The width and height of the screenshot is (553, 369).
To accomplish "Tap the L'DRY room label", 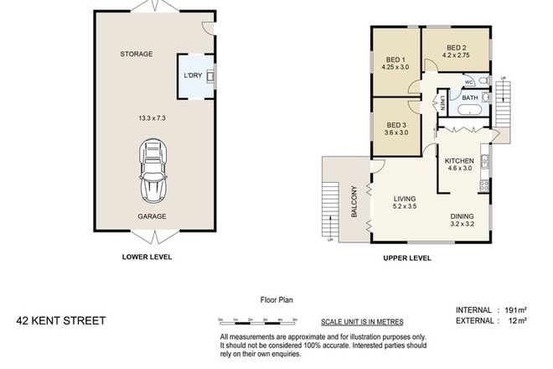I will [x=193, y=77].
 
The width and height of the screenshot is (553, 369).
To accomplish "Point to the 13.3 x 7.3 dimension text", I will [x=140, y=117].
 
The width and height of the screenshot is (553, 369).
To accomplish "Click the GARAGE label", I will [x=152, y=216].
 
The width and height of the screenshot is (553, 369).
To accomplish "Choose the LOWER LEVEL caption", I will [x=148, y=257].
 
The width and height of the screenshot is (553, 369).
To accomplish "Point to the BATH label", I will [x=469, y=98].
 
